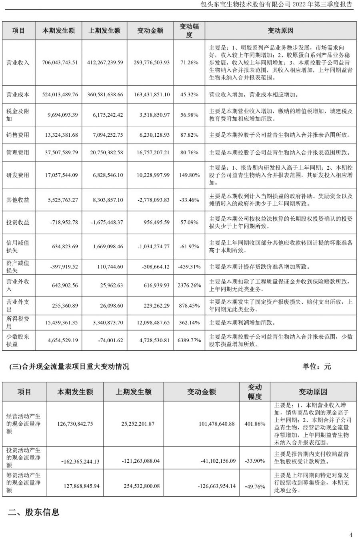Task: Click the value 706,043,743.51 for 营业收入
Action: tap(60, 63)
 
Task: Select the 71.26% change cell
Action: tap(189, 63)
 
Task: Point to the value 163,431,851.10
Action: tap(150, 95)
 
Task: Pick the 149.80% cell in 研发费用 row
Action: tap(189, 175)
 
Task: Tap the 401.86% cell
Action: tap(255, 424)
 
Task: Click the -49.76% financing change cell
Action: tap(255, 487)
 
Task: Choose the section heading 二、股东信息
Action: tap(34, 512)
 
